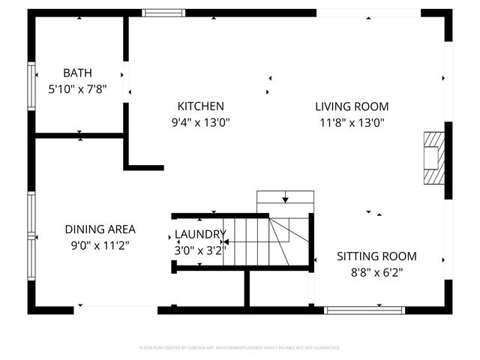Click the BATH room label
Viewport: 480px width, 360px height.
pos(77,73)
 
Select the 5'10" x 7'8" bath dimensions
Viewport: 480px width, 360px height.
pos(77,88)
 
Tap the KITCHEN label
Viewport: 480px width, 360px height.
pos(200,106)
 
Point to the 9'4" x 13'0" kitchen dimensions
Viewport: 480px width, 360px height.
pos(200,121)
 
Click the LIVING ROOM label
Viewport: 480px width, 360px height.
pos(352,106)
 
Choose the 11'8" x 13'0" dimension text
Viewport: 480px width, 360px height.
pos(352,121)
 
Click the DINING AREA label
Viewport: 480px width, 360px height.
pos(100,229)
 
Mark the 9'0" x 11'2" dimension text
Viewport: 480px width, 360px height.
pos(100,244)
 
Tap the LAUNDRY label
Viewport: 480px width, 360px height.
pos(200,234)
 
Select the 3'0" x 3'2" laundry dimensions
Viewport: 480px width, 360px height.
pos(199,250)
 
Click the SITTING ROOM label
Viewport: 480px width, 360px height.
pos(376,256)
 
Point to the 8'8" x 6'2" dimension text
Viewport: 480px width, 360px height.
pos(376,273)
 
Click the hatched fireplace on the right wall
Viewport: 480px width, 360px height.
pos(433,157)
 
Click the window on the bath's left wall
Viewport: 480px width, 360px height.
pos(31,87)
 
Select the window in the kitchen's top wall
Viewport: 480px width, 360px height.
pos(163,13)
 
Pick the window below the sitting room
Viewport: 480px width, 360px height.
pos(364,310)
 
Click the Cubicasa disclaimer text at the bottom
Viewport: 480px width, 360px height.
pos(240,348)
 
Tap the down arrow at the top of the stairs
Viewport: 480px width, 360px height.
pos(285,199)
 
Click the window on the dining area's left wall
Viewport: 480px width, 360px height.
pos(31,235)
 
